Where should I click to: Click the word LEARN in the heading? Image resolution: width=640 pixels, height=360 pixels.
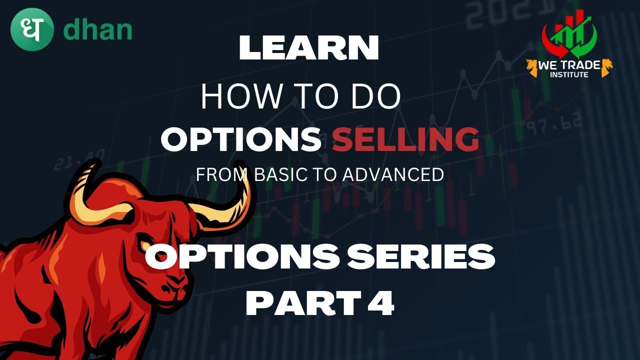click(x=308, y=49)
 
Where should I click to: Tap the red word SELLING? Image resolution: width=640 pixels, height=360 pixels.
click(x=405, y=139)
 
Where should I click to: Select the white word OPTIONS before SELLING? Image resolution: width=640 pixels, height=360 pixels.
click(x=240, y=139)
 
